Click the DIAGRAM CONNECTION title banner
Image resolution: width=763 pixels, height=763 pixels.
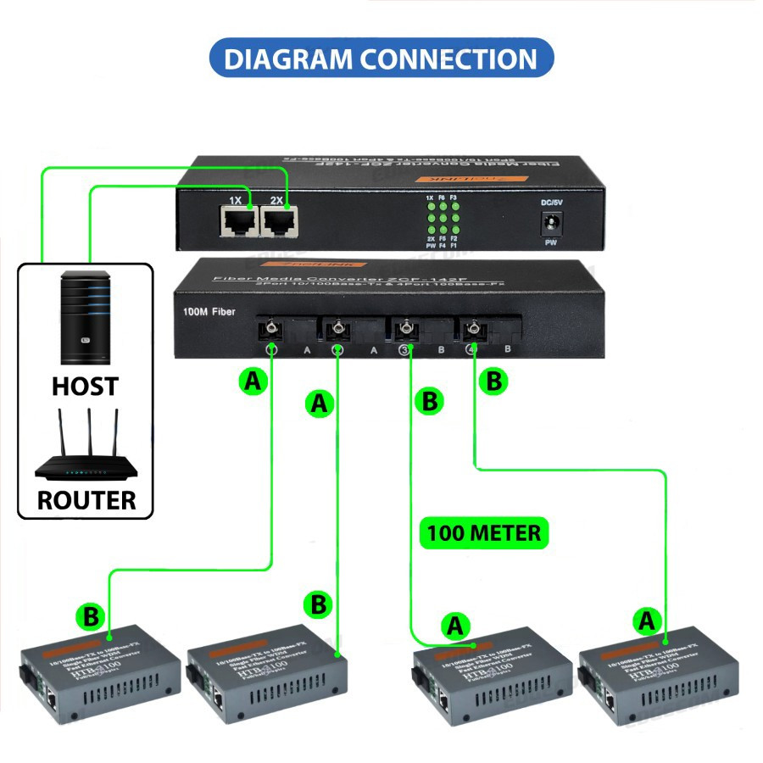(x=381, y=58)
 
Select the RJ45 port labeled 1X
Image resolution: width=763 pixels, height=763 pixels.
(x=237, y=223)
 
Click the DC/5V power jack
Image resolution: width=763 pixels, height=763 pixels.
(x=553, y=225)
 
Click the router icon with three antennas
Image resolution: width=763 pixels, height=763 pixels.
(x=85, y=449)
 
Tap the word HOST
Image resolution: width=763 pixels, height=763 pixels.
(x=85, y=387)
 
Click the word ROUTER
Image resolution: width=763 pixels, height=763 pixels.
(x=86, y=499)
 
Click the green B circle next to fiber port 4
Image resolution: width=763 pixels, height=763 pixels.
(x=493, y=381)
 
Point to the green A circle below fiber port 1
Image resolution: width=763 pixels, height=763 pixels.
(x=251, y=382)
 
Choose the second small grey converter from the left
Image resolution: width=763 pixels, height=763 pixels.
(x=263, y=676)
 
